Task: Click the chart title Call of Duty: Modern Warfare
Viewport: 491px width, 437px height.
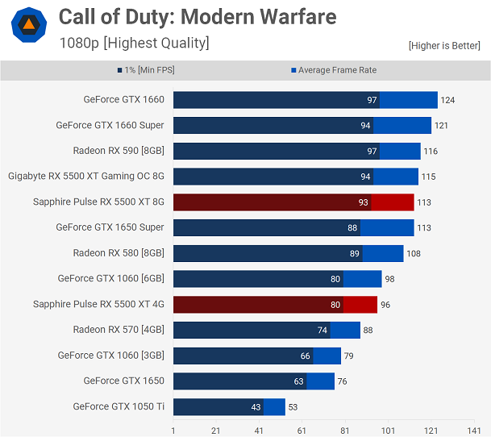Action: [198, 17]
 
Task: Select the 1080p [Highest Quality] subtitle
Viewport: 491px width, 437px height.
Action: [134, 43]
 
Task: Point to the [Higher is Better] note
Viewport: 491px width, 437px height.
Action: [444, 46]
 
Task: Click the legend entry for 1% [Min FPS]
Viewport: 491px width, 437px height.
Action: [145, 70]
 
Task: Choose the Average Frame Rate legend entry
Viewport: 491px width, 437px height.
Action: [334, 70]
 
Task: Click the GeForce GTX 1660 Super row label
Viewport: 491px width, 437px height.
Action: [110, 125]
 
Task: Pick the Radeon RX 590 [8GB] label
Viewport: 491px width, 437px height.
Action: [119, 151]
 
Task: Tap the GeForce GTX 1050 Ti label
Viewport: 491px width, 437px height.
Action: [119, 406]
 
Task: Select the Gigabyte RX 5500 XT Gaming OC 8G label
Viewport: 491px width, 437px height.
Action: [86, 176]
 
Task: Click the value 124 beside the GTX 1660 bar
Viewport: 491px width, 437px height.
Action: [447, 100]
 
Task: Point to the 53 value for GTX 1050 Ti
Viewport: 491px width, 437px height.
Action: [294, 407]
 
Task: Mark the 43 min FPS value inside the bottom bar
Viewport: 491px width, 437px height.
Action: [256, 407]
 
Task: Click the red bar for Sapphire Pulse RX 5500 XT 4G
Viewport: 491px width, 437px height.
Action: [275, 304]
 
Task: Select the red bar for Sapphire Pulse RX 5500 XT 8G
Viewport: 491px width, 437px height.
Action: [293, 202]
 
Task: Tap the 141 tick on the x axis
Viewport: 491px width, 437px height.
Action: [474, 431]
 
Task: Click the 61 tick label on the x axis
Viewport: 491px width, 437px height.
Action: [302, 431]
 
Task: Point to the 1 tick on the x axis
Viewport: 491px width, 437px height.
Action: [173, 431]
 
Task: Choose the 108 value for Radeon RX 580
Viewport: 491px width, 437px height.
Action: [413, 253]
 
